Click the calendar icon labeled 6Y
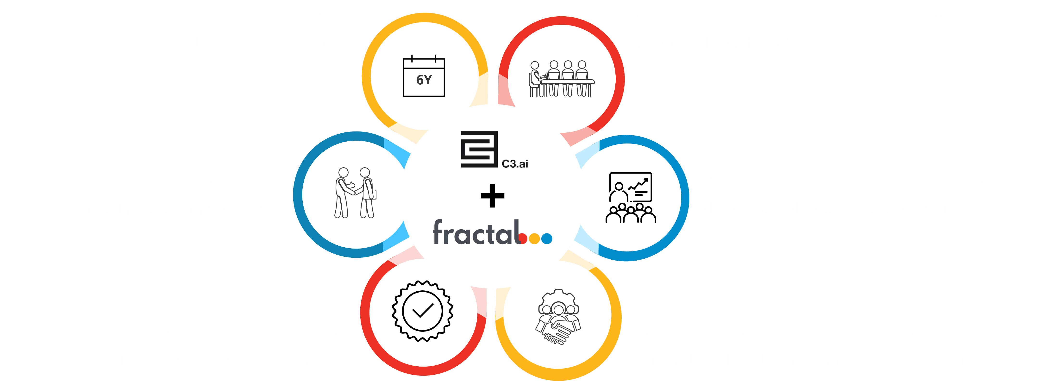(424, 77)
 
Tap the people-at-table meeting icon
(561, 79)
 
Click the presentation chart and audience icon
(630, 197)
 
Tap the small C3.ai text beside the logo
(515, 164)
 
